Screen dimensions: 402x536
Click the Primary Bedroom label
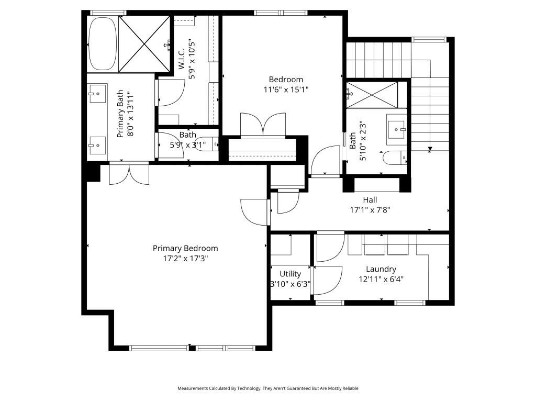pos(185,248)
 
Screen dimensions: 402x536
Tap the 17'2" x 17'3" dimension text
pos(185,258)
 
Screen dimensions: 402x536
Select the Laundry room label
pos(381,269)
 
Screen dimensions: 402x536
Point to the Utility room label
pos(290,274)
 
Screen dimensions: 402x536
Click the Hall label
pos(370,199)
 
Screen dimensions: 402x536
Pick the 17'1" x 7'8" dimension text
pos(370,209)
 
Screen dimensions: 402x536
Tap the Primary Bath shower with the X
pos(144,43)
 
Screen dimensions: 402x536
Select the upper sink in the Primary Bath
pos(97,95)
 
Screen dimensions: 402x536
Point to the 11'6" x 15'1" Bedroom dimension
pos(286,90)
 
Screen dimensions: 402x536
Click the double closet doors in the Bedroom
pos(263,126)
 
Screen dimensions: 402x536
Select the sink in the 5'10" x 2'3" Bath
pos(396,127)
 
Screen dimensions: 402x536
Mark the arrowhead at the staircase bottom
pos(430,149)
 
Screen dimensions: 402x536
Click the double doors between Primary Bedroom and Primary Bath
pos(129,174)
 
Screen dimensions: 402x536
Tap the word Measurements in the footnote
pos(193,388)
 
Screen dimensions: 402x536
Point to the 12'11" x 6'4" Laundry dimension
pos(381,279)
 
